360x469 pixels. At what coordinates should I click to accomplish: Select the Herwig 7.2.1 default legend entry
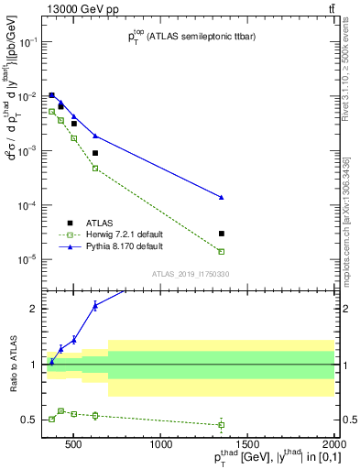coord(122,234)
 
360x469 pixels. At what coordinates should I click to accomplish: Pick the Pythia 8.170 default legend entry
coord(120,246)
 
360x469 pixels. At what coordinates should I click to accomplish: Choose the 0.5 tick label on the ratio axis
coord(32,420)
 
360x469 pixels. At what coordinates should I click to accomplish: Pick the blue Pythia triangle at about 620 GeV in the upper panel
coord(95,136)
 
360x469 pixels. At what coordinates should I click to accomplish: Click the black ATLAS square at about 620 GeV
coord(95,153)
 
